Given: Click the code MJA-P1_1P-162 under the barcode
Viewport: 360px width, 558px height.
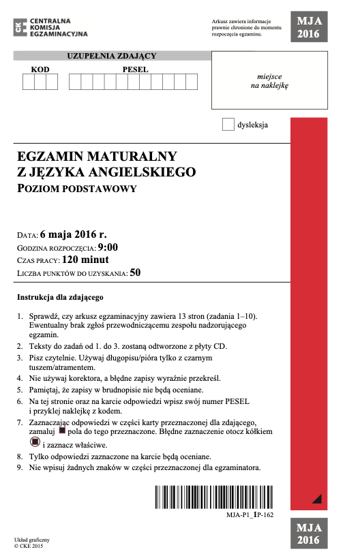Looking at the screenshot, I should pos(250,515).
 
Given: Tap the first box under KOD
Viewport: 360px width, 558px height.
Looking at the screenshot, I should pos(27,82).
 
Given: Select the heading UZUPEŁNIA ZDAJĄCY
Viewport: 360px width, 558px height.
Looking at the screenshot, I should pos(112,55).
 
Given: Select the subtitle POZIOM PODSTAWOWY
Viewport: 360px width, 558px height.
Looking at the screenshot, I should pos(78,188).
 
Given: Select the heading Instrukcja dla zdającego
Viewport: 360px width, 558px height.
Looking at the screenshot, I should pos(60,298).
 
